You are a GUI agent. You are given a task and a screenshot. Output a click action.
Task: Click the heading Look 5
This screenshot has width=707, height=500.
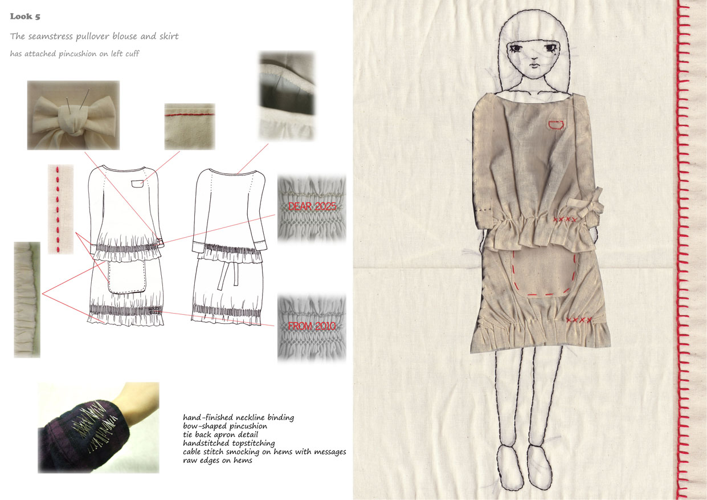tap(25, 17)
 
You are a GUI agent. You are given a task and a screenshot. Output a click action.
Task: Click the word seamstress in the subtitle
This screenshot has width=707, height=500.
tap(51, 36)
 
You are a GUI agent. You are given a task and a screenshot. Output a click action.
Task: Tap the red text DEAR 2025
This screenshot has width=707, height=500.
tap(312, 206)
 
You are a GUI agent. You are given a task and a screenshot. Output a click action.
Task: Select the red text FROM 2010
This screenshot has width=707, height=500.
tap(312, 326)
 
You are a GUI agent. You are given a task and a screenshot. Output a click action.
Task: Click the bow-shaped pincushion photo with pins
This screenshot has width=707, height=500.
tap(73, 115)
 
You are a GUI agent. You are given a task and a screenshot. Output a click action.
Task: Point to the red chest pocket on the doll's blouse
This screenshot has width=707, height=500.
tap(557, 125)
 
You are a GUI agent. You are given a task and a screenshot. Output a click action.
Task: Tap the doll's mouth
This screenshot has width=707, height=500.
tap(534, 66)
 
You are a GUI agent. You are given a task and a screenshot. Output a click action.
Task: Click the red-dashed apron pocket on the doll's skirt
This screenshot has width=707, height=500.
tap(543, 274)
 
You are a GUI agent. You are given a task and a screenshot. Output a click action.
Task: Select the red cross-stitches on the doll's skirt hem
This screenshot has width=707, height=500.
tap(579, 320)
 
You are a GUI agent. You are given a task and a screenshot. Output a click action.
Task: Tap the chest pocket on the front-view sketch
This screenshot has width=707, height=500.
tap(137, 184)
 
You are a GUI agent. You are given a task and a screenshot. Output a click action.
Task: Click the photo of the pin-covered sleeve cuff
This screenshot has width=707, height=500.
tap(99, 428)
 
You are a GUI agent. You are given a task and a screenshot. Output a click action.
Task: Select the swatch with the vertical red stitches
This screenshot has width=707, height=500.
tap(60, 209)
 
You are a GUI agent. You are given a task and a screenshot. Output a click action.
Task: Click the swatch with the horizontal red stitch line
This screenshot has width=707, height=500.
tap(190, 127)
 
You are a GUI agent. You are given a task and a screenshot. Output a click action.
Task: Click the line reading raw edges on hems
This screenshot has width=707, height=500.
tap(218, 461)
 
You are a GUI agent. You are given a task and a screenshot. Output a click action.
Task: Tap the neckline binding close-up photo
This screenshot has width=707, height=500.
tap(287, 95)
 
